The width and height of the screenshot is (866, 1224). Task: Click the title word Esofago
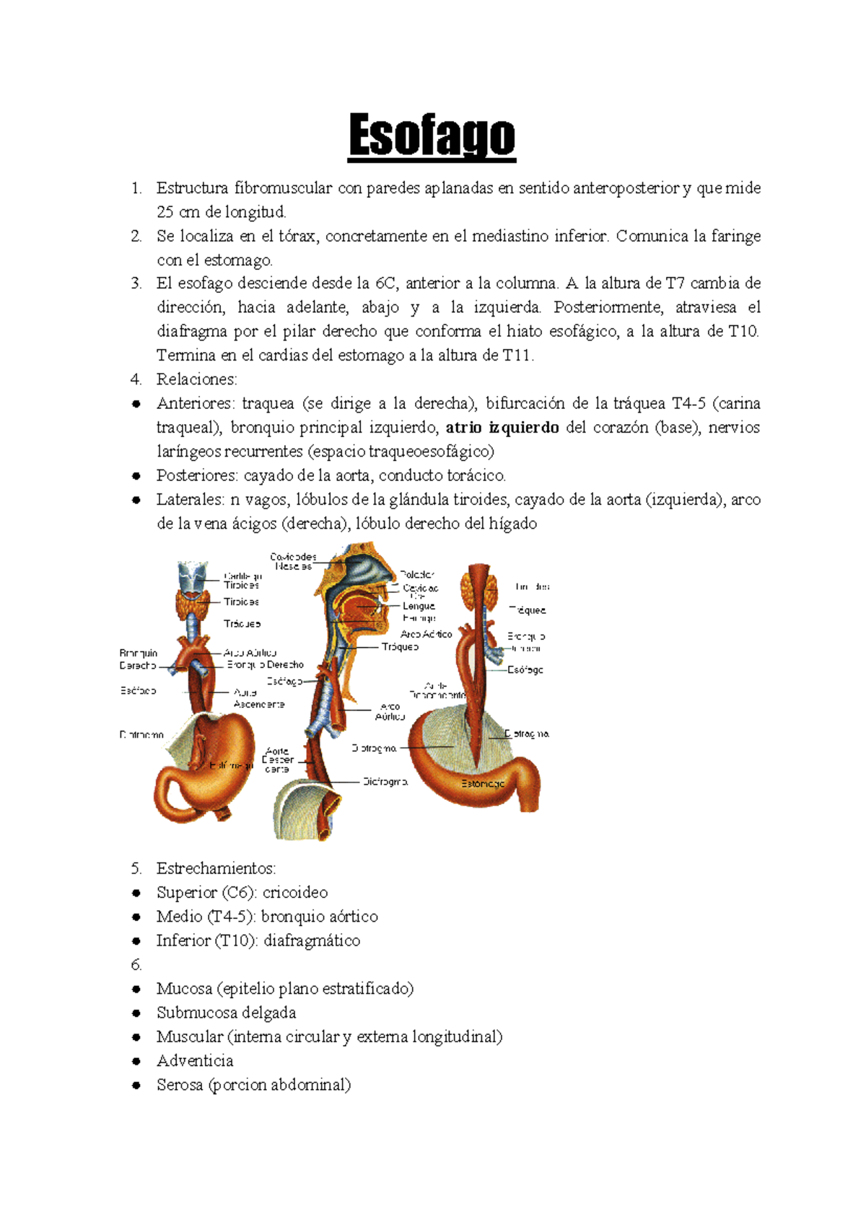pos(432,136)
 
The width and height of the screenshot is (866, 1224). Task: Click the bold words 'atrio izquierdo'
pos(502,428)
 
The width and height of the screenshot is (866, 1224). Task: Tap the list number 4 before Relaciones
pos(136,379)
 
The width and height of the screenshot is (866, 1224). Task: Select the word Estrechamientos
pos(215,868)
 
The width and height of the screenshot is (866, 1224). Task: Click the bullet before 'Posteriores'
pos(136,476)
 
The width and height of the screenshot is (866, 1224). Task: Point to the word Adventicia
pos(195,1061)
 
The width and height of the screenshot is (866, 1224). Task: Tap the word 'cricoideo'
pos(294,893)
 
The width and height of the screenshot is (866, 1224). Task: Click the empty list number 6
pos(136,965)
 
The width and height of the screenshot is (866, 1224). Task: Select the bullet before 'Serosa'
pos(136,1086)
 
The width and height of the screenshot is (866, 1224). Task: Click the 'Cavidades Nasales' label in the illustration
pos(293,562)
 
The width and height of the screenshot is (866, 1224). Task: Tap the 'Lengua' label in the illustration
pos(419,607)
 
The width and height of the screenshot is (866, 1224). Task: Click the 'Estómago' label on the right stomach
pos(483,784)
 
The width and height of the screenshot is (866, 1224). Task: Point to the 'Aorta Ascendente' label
pos(258,698)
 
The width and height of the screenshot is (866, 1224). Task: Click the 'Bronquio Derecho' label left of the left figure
pos(138,659)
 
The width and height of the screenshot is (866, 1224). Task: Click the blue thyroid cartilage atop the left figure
pos(193,578)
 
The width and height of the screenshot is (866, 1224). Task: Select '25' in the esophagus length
pos(165,212)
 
